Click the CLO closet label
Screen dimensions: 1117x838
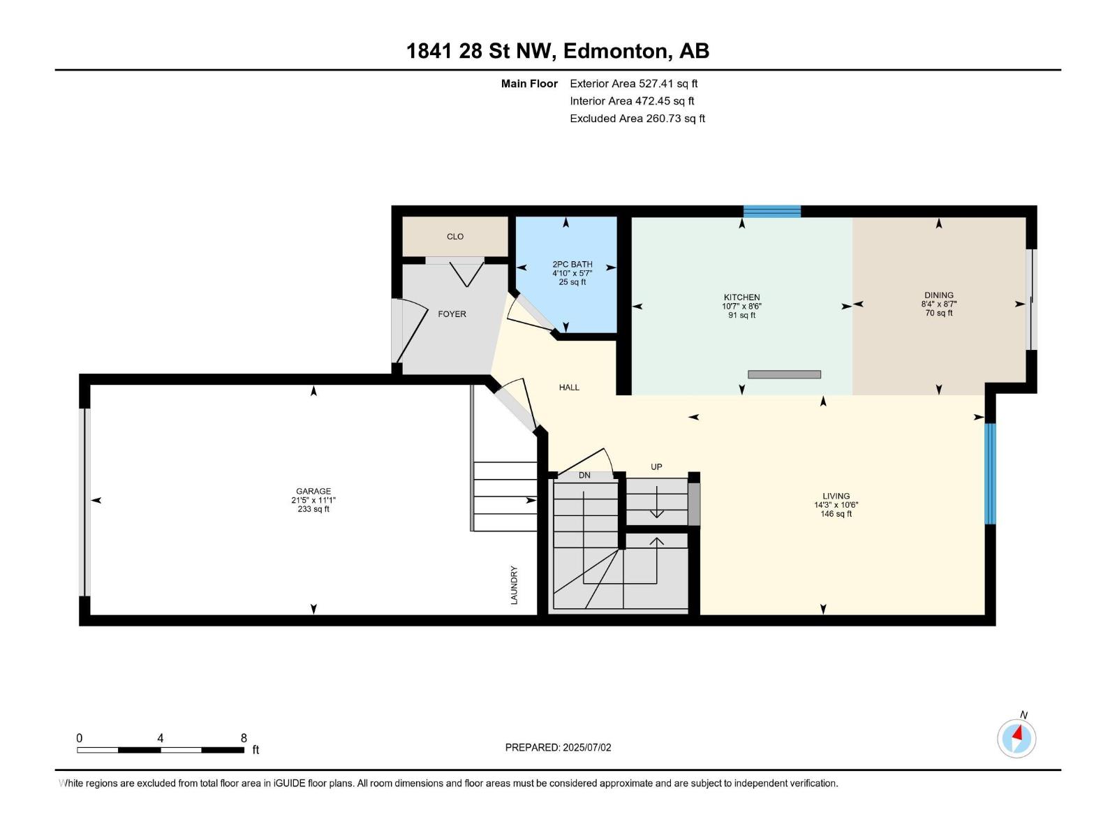pos(455,237)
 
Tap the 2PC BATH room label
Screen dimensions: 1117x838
pos(572,265)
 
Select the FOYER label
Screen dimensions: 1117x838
pos(452,314)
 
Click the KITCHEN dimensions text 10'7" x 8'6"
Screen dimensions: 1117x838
pos(741,307)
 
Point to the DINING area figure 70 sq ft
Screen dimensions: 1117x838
pos(939,313)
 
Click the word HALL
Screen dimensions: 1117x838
pos(569,388)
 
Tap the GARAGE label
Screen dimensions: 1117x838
pos(313,492)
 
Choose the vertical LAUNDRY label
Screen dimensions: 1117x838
pos(514,585)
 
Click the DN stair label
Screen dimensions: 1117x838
pos(584,476)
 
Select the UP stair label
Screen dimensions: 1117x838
pos(656,467)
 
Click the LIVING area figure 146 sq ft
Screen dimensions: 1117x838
pos(836,514)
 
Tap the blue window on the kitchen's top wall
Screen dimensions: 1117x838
pos(772,211)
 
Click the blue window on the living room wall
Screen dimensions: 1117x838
pos(990,473)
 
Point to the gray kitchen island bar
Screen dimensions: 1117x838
pos(784,374)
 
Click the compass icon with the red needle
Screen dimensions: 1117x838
pos(1016,739)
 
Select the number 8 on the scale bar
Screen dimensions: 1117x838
pos(244,738)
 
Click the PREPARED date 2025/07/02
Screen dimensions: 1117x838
pos(586,747)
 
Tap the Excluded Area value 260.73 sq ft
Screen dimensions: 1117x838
pos(675,119)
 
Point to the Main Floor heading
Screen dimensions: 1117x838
pos(529,84)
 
